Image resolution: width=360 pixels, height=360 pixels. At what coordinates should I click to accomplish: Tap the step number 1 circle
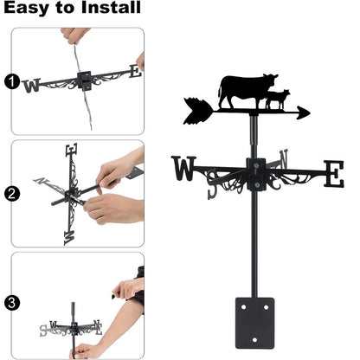(10, 83)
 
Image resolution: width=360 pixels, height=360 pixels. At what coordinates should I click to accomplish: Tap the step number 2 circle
(10, 194)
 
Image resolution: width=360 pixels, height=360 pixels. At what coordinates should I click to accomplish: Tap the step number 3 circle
(10, 303)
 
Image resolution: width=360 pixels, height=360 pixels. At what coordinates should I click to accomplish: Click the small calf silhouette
(277, 99)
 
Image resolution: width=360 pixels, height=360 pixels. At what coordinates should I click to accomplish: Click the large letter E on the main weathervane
(333, 173)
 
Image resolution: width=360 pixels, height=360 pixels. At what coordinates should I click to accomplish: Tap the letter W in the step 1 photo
(32, 85)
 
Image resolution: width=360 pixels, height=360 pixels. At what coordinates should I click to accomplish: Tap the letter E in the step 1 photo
(134, 72)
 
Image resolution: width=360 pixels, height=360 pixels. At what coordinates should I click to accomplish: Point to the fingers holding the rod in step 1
(75, 36)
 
